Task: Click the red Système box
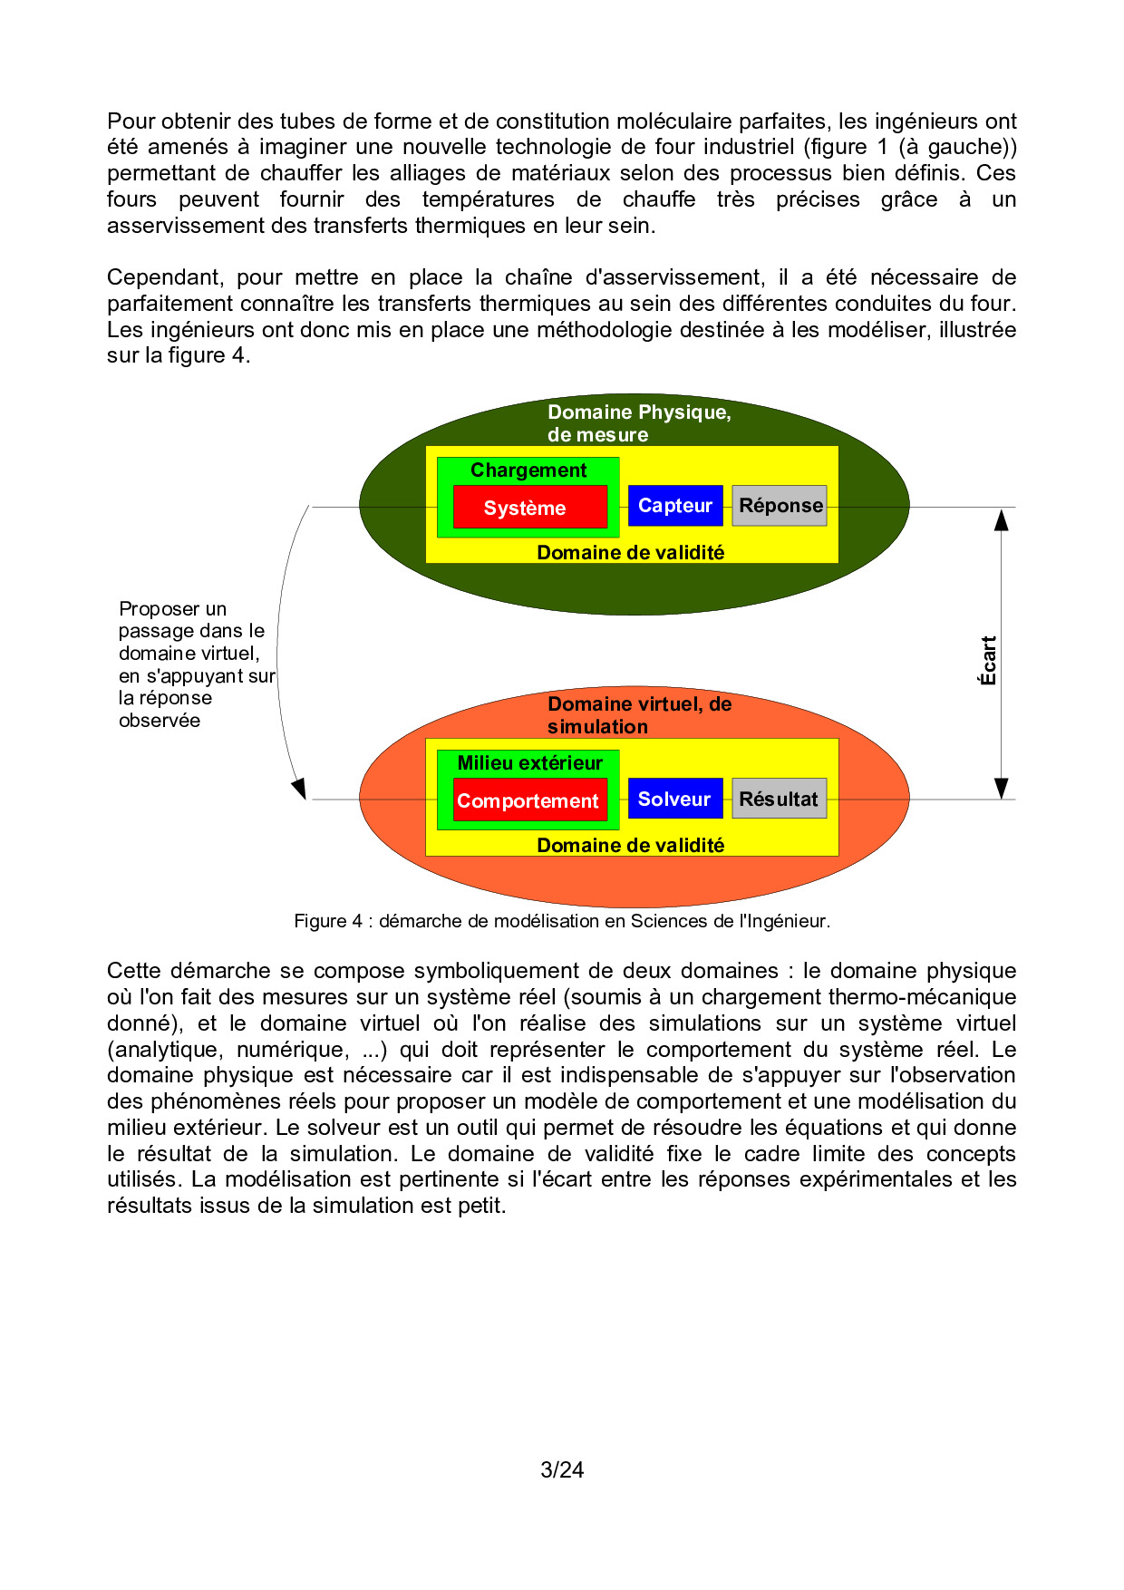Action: click(x=529, y=508)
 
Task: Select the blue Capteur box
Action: click(x=675, y=506)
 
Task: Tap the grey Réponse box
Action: click(x=780, y=506)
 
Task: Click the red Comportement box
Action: click(x=529, y=800)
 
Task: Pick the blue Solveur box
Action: click(x=675, y=799)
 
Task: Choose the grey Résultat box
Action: click(x=780, y=799)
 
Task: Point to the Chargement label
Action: click(x=528, y=470)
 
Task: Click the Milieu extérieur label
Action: click(x=529, y=763)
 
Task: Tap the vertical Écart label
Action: click(x=988, y=660)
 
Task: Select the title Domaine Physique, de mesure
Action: click(x=638, y=423)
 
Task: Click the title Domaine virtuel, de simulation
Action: click(x=638, y=715)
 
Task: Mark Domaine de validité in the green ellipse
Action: click(x=631, y=553)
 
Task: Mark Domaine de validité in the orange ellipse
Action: click(x=631, y=846)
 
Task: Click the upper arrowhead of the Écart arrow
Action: click(x=1002, y=519)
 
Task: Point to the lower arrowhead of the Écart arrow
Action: click(x=1002, y=788)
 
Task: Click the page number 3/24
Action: click(x=562, y=1469)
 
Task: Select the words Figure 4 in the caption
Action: click(x=327, y=921)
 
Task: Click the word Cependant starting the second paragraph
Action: click(x=164, y=277)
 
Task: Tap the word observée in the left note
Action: click(x=160, y=721)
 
